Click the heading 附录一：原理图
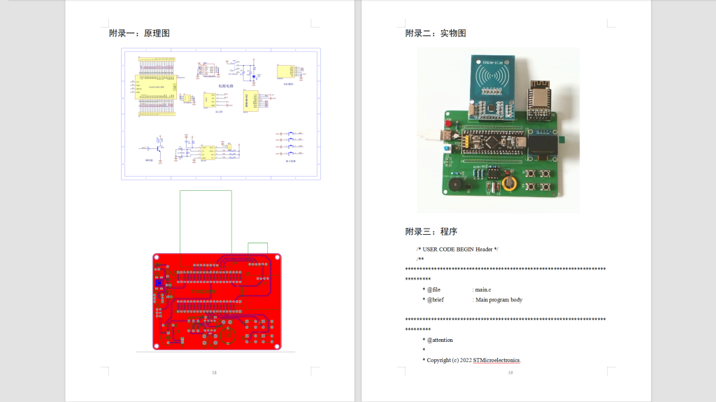pos(139,33)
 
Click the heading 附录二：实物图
pos(436,33)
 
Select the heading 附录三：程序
pos(431,231)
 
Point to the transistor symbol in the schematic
pos(159,148)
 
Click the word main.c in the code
pos(483,289)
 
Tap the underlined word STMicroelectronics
pos(496,360)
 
